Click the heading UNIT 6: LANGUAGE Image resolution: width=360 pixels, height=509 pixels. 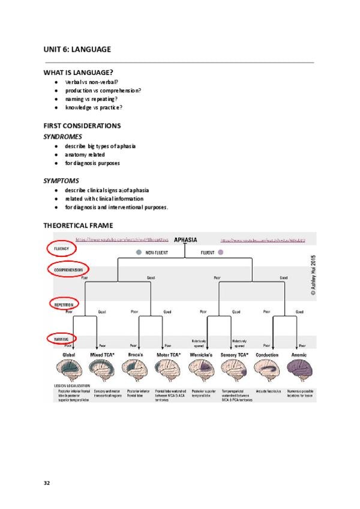click(x=77, y=49)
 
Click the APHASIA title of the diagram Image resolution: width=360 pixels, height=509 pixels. click(x=185, y=239)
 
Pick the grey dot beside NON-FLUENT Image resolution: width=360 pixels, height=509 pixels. click(x=139, y=253)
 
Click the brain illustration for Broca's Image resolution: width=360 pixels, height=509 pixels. click(x=136, y=370)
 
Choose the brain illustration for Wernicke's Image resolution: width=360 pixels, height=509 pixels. click(x=202, y=370)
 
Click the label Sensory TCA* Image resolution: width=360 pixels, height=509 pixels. click(x=235, y=355)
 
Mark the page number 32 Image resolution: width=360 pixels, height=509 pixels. click(x=47, y=483)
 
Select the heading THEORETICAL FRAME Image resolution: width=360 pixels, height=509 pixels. click(x=78, y=226)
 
